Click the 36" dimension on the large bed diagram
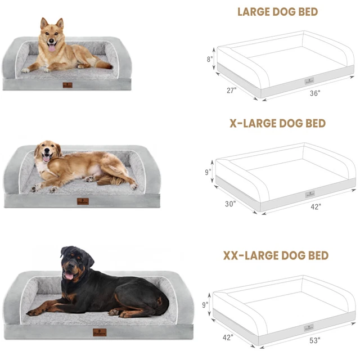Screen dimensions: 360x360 [x=315, y=93]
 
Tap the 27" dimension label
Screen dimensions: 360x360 [x=231, y=91]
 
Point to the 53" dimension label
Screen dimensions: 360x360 [x=315, y=340]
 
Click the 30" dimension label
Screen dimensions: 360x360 [x=230, y=204]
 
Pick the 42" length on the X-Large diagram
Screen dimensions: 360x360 [x=316, y=207]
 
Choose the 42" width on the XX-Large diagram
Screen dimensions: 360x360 [x=228, y=337]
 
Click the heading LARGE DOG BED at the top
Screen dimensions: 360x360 [x=277, y=12]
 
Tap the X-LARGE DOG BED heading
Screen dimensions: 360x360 [x=277, y=123]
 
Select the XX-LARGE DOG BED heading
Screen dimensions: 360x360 [x=276, y=255]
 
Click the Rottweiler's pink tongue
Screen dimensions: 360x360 [x=69, y=276]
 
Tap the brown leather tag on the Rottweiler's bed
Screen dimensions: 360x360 [x=100, y=332]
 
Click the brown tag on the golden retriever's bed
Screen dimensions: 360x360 [x=83, y=201]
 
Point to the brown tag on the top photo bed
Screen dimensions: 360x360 [x=67, y=85]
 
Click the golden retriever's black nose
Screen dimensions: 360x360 [x=47, y=151]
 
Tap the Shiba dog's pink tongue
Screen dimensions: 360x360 [x=52, y=48]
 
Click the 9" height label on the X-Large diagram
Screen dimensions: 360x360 [x=208, y=172]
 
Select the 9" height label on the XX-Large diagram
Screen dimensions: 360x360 [x=205, y=305]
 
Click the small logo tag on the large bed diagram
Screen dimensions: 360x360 [x=309, y=81]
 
